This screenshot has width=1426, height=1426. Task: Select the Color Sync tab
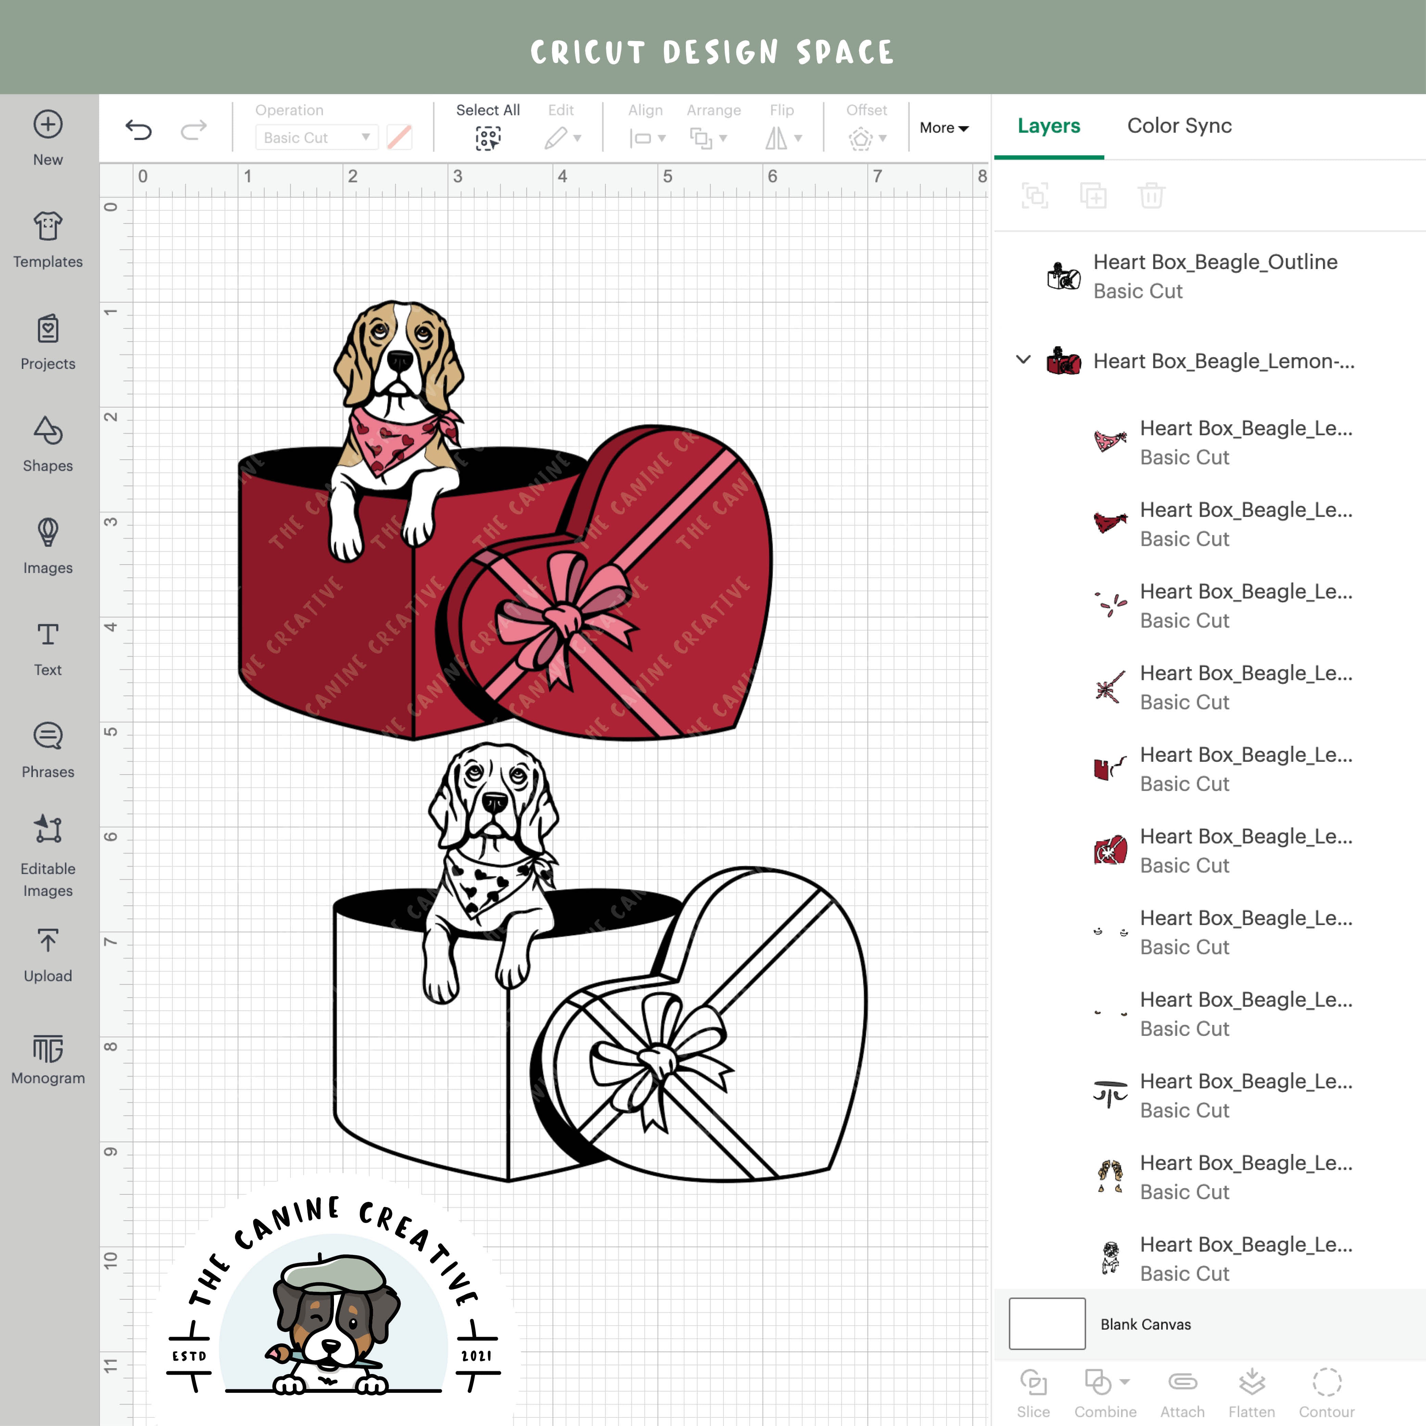(1179, 126)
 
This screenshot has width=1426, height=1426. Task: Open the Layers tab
(1048, 126)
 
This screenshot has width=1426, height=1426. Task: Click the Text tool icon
(48, 635)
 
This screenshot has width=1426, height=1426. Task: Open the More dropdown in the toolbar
(943, 128)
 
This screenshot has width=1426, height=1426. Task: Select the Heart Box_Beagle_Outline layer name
(1215, 262)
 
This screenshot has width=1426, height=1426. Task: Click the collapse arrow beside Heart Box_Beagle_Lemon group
(1023, 360)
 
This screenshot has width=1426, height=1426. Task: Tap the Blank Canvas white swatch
(1046, 1323)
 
